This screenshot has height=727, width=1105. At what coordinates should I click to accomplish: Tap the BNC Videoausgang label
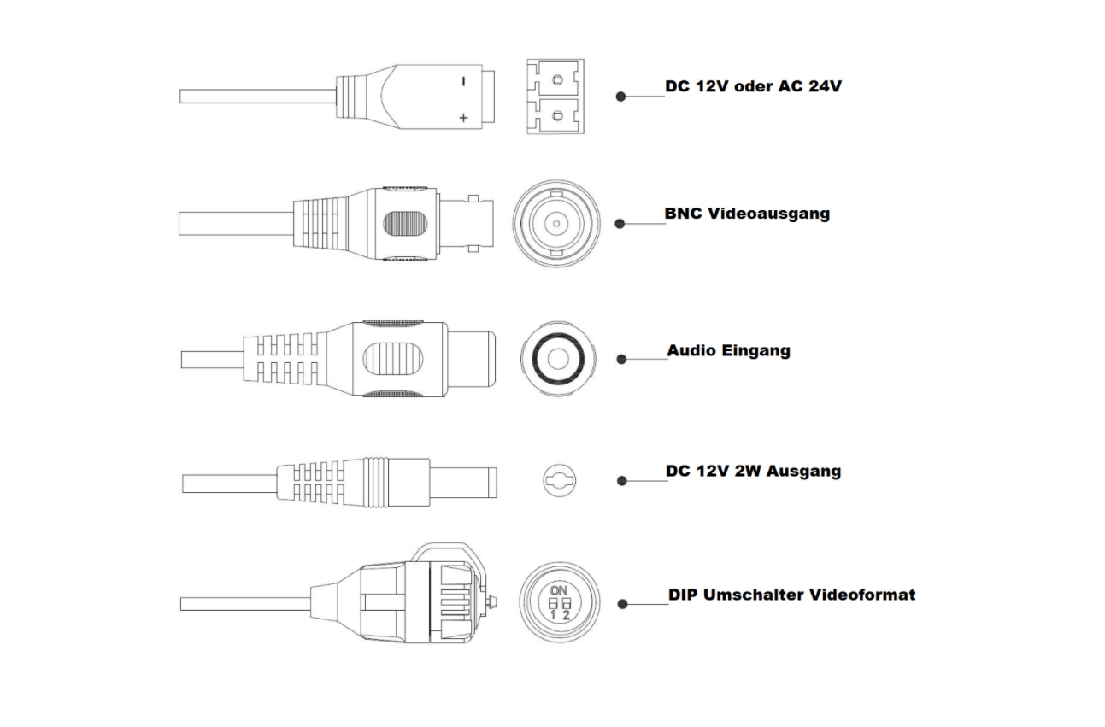pos(747,214)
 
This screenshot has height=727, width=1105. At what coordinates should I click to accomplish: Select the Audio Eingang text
pos(728,350)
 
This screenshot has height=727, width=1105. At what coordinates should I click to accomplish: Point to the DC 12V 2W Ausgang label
pos(753,471)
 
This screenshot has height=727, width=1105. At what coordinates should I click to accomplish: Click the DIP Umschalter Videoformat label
pos(791,594)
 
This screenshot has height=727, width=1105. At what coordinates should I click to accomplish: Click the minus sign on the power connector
pos(463,83)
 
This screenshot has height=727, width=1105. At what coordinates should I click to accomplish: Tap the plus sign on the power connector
pos(463,118)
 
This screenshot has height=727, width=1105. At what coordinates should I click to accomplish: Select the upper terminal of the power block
pos(557,80)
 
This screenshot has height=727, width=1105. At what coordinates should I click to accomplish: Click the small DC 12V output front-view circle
pos(557,481)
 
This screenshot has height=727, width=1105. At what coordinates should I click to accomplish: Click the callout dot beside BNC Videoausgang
pos(621,225)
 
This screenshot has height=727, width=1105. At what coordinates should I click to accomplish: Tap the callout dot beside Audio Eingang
pos(621,360)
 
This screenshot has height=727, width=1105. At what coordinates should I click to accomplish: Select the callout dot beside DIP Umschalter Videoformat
pos(622,604)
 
